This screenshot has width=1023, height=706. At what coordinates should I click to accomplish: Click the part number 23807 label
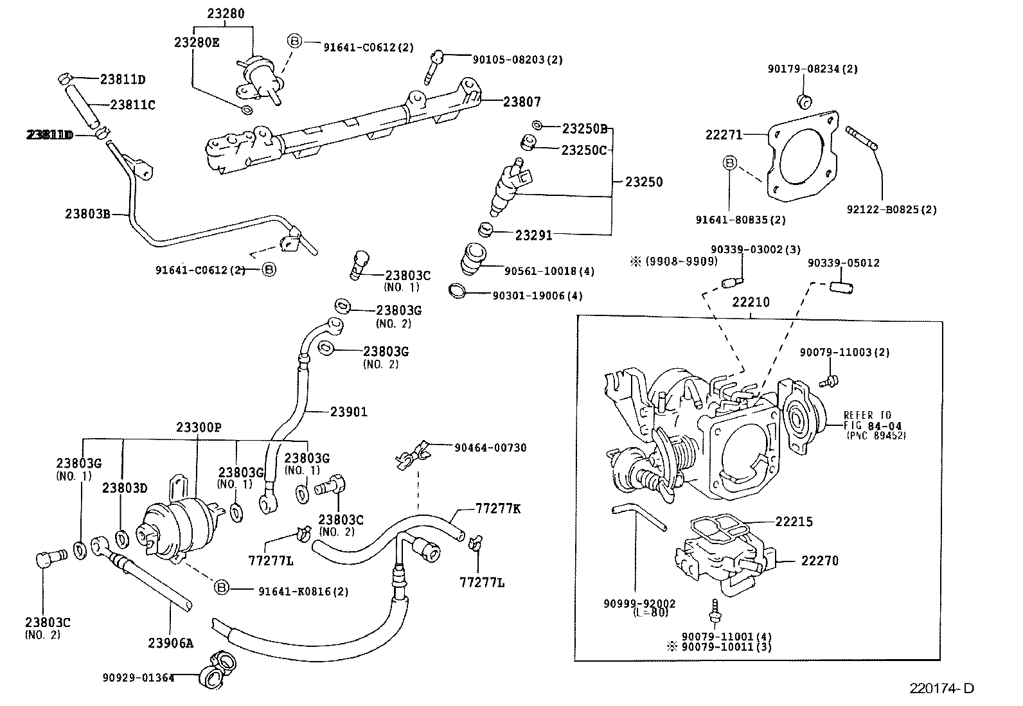(x=522, y=101)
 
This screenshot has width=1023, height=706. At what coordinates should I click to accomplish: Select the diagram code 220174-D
(x=941, y=688)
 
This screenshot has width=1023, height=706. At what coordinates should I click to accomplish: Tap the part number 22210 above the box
(x=751, y=302)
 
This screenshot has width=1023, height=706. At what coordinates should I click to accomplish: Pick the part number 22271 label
(x=724, y=135)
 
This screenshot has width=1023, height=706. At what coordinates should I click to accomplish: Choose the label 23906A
(x=170, y=642)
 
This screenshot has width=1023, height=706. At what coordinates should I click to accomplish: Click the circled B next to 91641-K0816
(x=221, y=588)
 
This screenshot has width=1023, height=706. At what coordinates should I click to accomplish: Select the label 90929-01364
(x=138, y=677)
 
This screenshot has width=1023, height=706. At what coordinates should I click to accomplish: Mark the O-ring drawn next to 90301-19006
(x=458, y=291)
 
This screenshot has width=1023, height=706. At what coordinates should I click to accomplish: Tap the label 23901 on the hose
(x=349, y=412)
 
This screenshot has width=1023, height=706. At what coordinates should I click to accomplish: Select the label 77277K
(x=498, y=508)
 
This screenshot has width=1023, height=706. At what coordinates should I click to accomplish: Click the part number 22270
(x=819, y=560)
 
